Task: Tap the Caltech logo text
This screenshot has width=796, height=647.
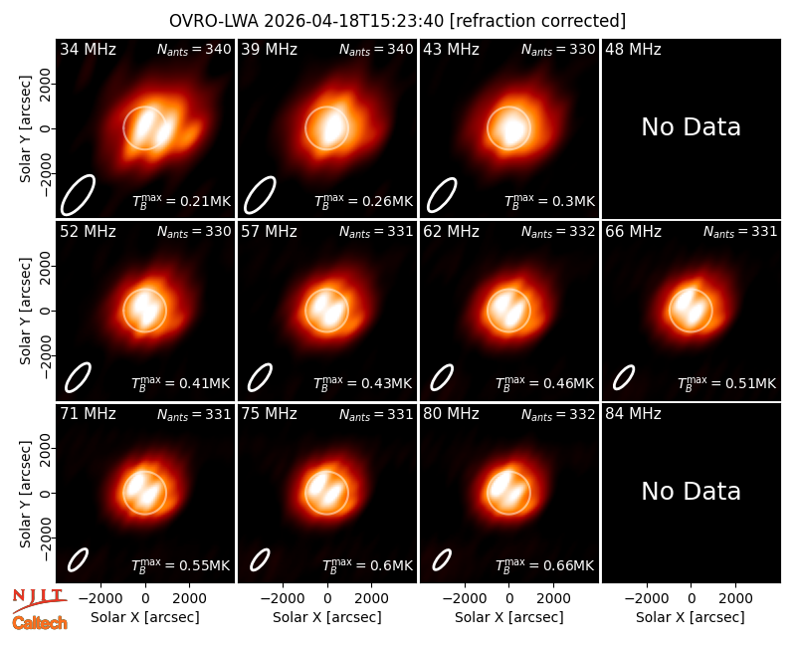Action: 40,623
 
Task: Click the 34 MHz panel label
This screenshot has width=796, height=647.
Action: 88,49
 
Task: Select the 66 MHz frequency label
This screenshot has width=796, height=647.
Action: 633,232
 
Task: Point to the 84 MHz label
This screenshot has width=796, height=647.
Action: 633,414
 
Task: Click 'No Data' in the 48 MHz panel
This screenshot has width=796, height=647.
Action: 691,127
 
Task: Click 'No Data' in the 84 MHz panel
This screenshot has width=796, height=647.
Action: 691,491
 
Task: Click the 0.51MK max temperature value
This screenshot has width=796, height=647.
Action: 727,383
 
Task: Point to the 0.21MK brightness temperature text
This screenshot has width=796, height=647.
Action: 181,201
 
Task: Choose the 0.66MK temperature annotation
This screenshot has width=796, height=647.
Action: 544,565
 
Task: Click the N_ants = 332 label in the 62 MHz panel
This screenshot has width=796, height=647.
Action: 558,232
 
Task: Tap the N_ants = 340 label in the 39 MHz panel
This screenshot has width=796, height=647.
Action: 376,50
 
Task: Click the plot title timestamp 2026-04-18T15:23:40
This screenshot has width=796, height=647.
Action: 353,21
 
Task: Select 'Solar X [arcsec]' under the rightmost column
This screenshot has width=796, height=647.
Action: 691,617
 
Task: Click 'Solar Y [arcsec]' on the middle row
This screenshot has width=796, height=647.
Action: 25,311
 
